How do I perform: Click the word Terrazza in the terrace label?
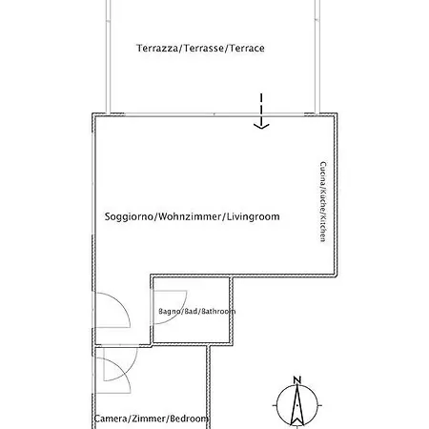[x=157, y=48]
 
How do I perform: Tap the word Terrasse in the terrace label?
[x=204, y=48]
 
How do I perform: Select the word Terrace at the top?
[x=247, y=48]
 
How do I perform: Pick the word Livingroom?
[x=254, y=217]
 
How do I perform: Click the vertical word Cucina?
[x=323, y=174]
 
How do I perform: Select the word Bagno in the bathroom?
[x=170, y=312]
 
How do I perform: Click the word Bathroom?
[x=218, y=311]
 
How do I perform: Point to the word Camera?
[x=111, y=419]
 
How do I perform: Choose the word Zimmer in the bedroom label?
[x=148, y=419]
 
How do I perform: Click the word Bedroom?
[x=189, y=419]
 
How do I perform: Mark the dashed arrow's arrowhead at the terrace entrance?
[x=261, y=126]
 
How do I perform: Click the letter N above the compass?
[x=297, y=380]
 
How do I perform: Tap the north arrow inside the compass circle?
[x=297, y=405]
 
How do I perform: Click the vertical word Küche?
[x=323, y=200]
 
